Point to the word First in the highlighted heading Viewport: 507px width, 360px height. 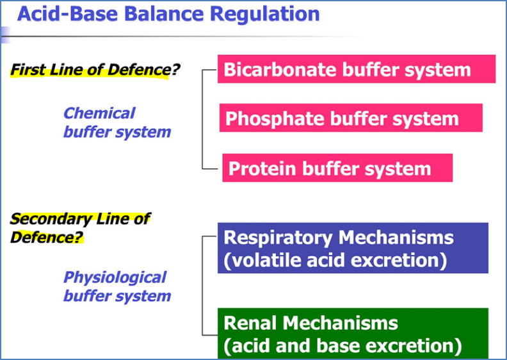point(26,69)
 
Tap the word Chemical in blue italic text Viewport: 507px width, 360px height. point(99,113)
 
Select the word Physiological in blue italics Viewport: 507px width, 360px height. point(115,277)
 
